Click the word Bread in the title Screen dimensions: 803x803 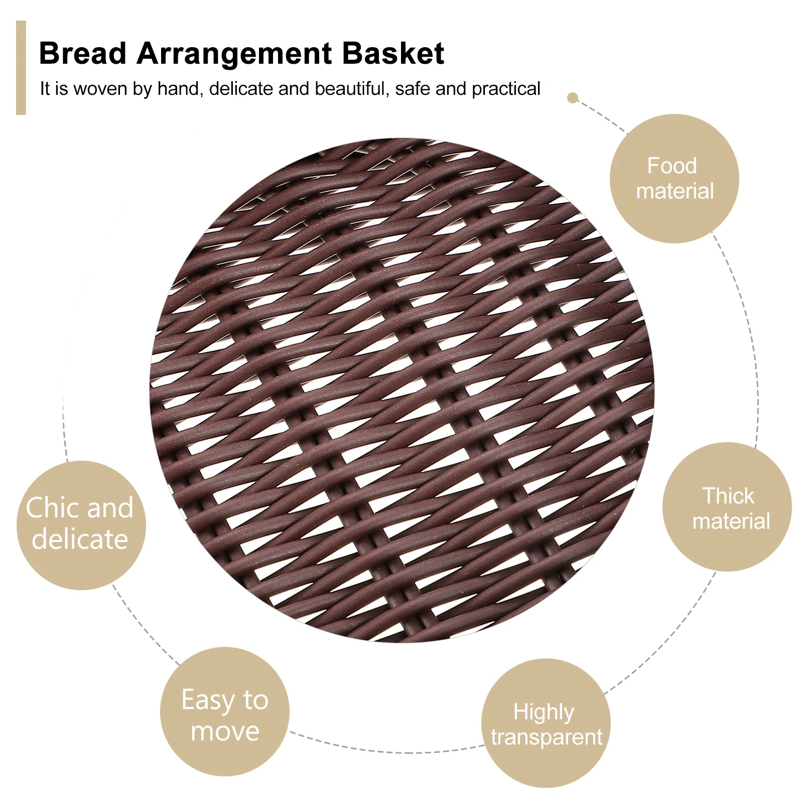point(82,53)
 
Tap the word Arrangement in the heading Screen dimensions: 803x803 point(234,54)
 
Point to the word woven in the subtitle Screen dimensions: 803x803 point(100,89)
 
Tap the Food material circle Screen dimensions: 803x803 point(674,179)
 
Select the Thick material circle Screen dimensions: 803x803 point(727,507)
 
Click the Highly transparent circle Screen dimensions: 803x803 point(546,723)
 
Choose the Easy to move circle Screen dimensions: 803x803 point(224,712)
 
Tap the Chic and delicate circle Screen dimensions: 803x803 point(81,525)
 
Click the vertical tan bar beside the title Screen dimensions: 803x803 point(21,68)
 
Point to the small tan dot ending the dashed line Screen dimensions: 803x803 point(572,97)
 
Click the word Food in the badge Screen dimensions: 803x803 point(672,166)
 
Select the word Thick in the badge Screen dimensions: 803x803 point(728,496)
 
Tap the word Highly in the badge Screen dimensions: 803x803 point(544,712)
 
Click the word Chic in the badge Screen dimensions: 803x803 point(52,507)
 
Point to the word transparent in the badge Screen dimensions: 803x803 point(547,737)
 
